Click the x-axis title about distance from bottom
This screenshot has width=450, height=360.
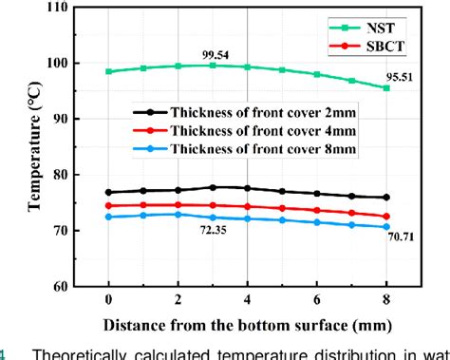click(x=247, y=323)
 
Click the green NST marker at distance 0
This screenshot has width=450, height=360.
click(x=109, y=71)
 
